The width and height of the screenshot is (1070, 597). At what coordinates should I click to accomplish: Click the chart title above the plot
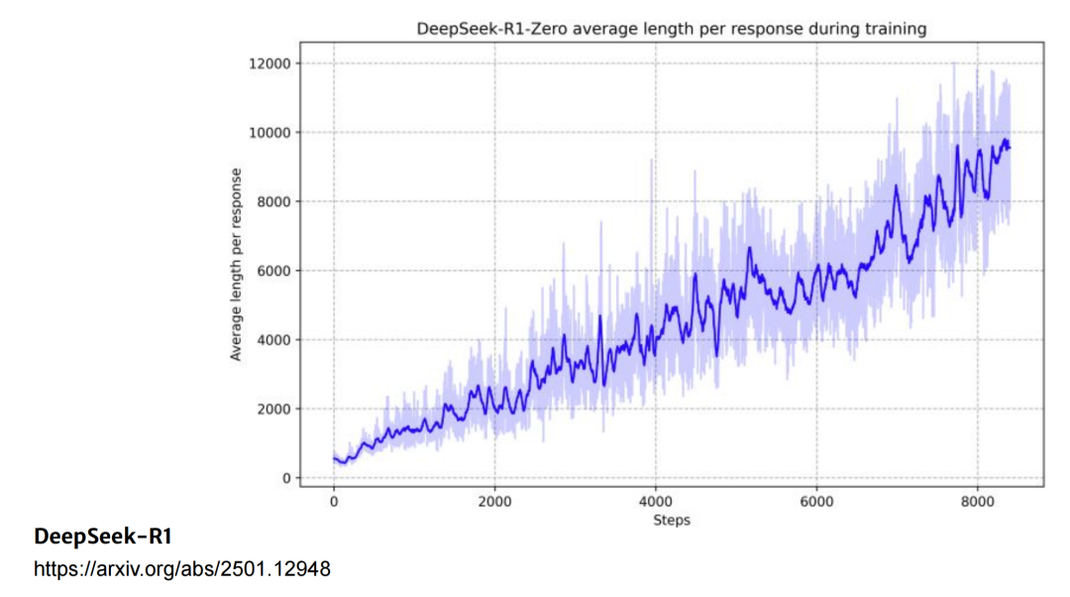click(671, 29)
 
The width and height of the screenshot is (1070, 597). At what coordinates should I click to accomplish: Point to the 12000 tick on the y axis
click(271, 63)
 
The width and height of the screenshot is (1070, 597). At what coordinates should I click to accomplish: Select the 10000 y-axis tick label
click(271, 133)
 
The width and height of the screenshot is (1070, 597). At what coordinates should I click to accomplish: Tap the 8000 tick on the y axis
click(274, 202)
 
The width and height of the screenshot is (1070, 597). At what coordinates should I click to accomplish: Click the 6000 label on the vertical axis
click(274, 271)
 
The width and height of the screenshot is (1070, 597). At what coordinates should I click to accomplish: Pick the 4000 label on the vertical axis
click(274, 340)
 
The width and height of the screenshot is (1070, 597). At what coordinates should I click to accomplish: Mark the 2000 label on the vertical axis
click(274, 409)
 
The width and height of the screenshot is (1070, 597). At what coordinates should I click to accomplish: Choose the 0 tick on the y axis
click(286, 478)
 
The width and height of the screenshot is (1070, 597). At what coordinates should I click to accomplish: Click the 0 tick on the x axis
click(334, 502)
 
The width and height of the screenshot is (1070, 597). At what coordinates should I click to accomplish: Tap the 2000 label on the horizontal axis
click(494, 502)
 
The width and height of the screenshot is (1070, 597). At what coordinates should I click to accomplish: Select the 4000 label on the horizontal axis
click(656, 502)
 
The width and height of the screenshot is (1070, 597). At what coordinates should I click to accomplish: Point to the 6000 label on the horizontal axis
click(816, 502)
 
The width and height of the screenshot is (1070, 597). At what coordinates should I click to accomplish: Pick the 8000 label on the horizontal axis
click(978, 502)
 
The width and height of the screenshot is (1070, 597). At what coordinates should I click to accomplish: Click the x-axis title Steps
click(672, 520)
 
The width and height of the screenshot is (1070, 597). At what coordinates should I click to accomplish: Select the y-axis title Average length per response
click(236, 264)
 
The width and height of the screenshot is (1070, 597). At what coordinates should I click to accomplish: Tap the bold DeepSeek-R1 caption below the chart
click(103, 537)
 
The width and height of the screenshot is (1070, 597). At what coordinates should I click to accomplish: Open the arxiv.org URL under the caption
click(182, 569)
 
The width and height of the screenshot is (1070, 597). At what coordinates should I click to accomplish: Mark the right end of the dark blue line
click(1010, 148)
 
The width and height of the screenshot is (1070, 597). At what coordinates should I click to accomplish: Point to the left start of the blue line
click(334, 457)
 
